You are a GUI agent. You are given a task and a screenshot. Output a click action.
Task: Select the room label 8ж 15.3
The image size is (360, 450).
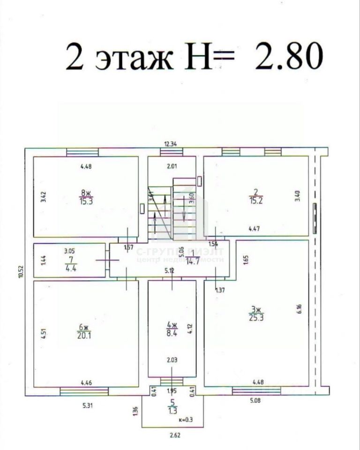(86, 197)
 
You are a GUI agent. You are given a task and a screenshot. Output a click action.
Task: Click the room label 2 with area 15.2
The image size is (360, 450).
(255, 197)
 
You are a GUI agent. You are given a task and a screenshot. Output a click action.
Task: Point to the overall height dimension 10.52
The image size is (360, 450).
(21, 272)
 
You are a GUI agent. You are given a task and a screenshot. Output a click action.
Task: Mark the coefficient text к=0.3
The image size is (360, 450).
(186, 420)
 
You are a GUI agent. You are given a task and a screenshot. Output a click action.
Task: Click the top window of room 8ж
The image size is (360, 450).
(82, 152)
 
